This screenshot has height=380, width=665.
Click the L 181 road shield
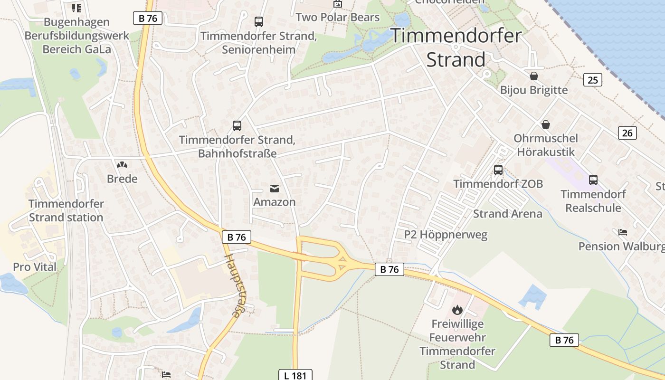pos(295,375)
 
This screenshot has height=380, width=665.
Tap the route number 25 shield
pos(592,80)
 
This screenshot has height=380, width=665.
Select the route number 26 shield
pos(627,133)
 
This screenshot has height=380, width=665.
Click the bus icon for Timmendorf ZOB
pos(498,170)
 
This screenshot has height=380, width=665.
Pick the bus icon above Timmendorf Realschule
pos(593,180)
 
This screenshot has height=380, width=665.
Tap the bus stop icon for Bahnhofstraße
pos(237,125)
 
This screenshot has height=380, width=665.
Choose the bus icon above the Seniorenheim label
pos(258,21)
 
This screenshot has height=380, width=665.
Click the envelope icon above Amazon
pos(274,189)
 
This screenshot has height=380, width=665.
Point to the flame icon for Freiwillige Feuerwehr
pos(457,310)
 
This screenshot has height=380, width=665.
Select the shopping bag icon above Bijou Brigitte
pos(534,76)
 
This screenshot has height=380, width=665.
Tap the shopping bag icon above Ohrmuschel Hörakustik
pos(546,124)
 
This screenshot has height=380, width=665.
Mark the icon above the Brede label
pos(122,165)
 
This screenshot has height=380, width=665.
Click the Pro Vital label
pos(35,267)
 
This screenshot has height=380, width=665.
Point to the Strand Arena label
pos(507,214)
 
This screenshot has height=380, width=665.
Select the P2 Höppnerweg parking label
pos(446,234)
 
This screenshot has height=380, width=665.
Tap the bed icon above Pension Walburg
pos(623,232)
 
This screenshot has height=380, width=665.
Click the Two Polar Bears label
pos(337,17)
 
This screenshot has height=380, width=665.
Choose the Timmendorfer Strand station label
pos(66,210)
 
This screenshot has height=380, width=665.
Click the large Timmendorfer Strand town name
pos(456,47)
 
